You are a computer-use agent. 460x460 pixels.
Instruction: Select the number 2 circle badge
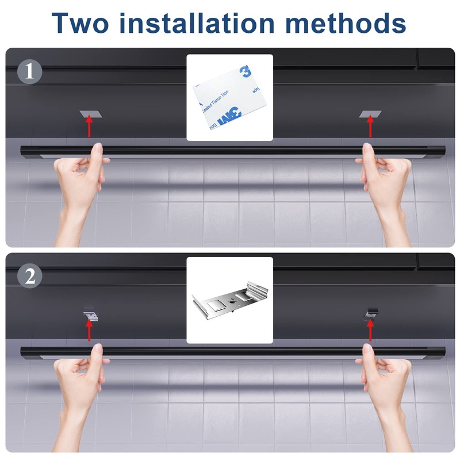click(29, 276)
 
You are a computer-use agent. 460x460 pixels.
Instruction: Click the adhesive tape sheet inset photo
click(230, 98)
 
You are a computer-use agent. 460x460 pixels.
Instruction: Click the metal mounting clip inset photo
click(230, 300)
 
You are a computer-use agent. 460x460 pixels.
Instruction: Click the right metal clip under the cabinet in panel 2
click(371, 314)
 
